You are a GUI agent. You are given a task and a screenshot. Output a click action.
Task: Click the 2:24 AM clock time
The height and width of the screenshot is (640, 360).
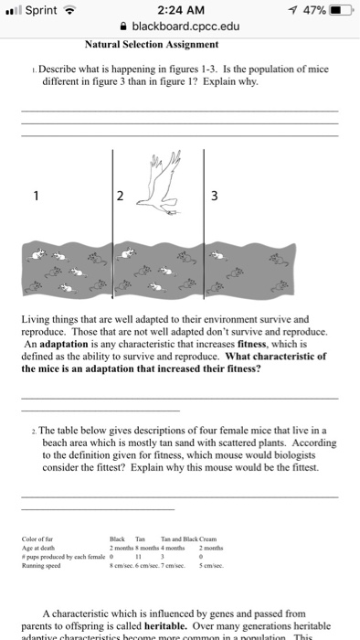tap(179, 10)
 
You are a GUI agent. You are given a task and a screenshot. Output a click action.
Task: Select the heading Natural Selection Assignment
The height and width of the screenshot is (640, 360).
tap(151, 43)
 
